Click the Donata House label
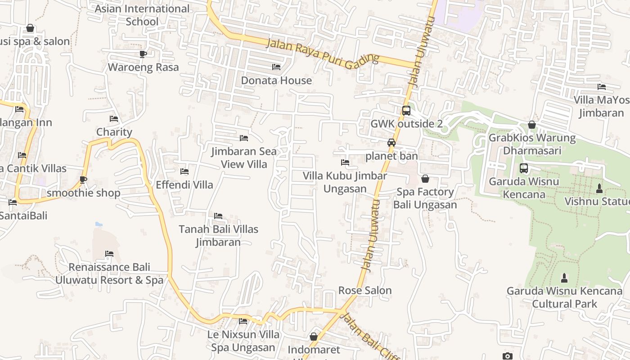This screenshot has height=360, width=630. pos(276,81)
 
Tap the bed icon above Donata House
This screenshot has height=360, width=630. pos(276,67)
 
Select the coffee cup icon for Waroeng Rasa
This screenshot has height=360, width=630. pos(143,54)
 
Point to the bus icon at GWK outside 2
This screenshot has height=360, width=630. pos(406,110)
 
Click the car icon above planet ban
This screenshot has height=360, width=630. pos(391,143)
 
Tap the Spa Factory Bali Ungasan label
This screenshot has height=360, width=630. pos(425,198)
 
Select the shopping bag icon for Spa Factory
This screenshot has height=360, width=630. pos(425,179)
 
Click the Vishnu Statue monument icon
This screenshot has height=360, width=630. pos(599,188)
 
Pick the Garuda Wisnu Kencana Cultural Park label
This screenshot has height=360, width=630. pos(565,297)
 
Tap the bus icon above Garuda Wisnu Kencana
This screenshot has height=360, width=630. pos(524,168)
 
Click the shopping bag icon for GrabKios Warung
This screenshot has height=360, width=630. pos(532,125)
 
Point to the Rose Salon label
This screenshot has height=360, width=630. pos(365,291)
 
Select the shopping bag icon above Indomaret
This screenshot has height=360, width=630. pos(314,337)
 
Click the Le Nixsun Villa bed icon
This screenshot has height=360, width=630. pos(243,321)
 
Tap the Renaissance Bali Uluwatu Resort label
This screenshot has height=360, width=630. pos(109,274)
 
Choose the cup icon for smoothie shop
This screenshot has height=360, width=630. pos(83,180)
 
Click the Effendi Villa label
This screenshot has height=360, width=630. pos(184,185)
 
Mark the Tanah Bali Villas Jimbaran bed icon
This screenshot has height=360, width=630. pos(218,216)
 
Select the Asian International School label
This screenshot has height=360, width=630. pos(142,15)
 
